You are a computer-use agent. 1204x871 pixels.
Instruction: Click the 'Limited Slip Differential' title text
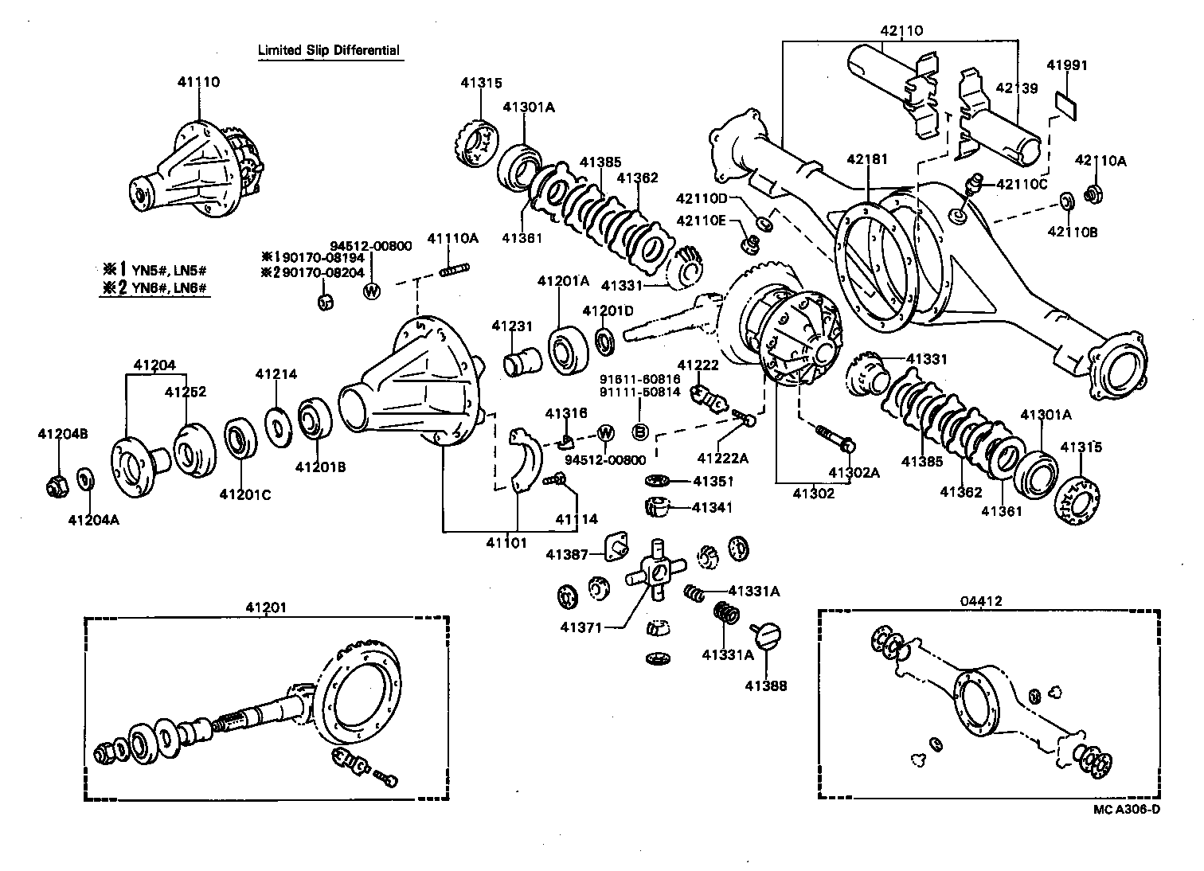click(328, 50)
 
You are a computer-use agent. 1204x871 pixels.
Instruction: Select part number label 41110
click(197, 81)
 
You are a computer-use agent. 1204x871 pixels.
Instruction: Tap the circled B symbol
click(639, 432)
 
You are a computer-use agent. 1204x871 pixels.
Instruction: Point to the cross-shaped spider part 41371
click(656, 572)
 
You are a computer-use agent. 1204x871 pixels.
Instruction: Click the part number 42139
click(1015, 88)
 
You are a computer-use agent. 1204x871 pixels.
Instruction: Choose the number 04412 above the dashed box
click(981, 601)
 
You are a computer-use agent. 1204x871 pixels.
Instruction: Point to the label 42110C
click(1020, 185)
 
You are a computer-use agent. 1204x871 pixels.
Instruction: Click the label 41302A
click(854, 472)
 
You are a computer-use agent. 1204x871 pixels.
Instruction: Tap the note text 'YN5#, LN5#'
click(167, 268)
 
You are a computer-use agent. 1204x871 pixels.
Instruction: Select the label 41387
click(567, 554)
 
